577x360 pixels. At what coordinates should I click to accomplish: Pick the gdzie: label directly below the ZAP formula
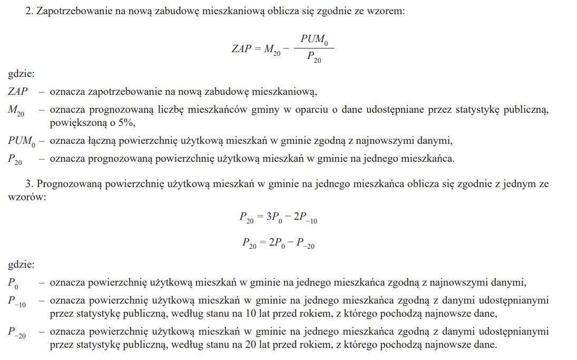click(21, 74)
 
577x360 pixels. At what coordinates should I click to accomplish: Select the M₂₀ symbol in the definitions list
click(15, 110)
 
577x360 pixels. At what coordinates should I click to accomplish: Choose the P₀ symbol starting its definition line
click(13, 283)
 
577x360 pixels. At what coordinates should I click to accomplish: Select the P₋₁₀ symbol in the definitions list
click(17, 301)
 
